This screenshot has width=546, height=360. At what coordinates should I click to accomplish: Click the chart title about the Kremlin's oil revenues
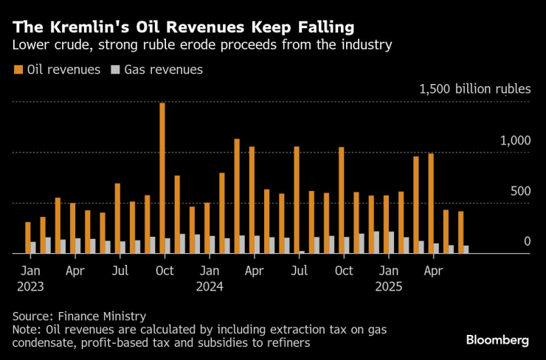pos(183,27)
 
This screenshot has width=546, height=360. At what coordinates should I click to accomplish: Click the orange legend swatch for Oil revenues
pos(18,70)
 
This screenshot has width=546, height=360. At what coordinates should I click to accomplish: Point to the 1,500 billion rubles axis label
pos(474,89)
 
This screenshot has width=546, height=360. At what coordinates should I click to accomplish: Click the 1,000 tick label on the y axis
pos(516,140)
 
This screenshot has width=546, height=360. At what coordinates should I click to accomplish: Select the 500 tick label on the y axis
pos(520,191)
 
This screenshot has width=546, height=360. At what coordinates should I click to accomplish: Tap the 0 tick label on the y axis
pos(527,241)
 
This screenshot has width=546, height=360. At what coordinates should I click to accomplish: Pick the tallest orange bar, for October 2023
pos(162,178)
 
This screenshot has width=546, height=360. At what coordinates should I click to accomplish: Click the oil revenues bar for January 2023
pos(28,238)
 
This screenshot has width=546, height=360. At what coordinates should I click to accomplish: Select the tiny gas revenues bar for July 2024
pos(302,252)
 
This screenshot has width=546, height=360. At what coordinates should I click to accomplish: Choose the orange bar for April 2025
pos(431,203)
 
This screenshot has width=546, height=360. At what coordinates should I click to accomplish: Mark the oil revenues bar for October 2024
pos(342,200)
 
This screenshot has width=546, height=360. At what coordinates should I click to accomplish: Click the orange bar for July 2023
pos(117,218)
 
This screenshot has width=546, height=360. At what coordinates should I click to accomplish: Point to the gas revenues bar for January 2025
pos(391,242)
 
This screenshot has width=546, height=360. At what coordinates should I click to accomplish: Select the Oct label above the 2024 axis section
pos(344,271)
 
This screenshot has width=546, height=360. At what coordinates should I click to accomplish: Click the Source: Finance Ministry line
pos(80,316)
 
